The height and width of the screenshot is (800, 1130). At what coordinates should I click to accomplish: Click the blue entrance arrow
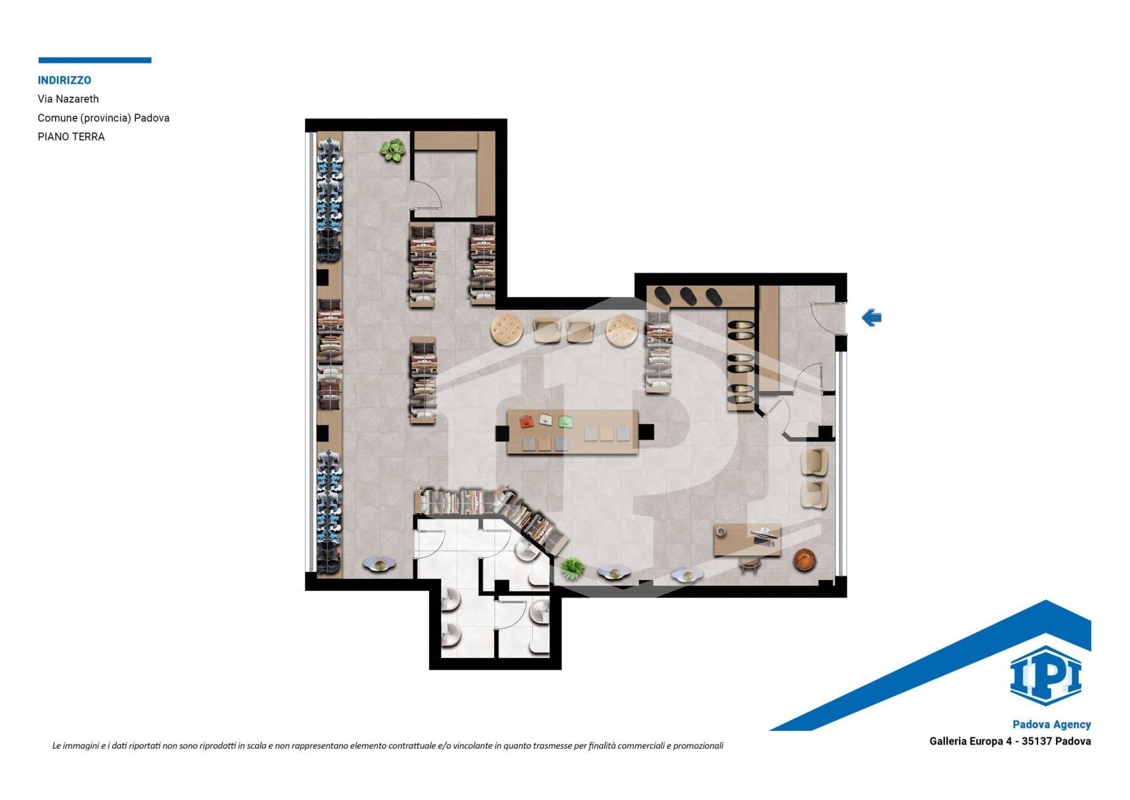tap(872, 318)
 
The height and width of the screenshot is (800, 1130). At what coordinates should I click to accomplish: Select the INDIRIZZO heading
tap(64, 80)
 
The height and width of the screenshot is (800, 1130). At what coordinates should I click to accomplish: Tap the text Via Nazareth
tap(68, 99)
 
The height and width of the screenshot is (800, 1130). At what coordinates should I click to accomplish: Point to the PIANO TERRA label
tap(71, 137)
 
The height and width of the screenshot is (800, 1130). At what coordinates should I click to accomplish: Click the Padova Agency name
tap(1052, 725)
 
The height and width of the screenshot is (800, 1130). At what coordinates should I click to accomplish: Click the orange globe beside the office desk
tap(804, 559)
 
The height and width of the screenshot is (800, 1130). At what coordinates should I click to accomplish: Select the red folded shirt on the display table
tap(526, 421)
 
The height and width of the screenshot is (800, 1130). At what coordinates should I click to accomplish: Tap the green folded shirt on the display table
tap(566, 422)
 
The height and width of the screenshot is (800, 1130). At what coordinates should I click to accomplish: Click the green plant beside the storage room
tap(393, 151)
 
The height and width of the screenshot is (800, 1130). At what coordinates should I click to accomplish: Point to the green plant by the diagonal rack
tap(572, 568)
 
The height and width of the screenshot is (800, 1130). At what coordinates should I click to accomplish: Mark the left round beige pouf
tap(507, 329)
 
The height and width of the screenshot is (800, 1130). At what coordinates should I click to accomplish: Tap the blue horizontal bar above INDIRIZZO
tap(95, 60)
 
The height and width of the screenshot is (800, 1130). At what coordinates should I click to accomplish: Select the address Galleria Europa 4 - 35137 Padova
tap(1010, 741)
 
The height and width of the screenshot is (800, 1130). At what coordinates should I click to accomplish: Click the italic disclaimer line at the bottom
tap(388, 746)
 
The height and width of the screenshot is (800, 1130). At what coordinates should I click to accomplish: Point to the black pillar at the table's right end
tap(646, 432)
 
